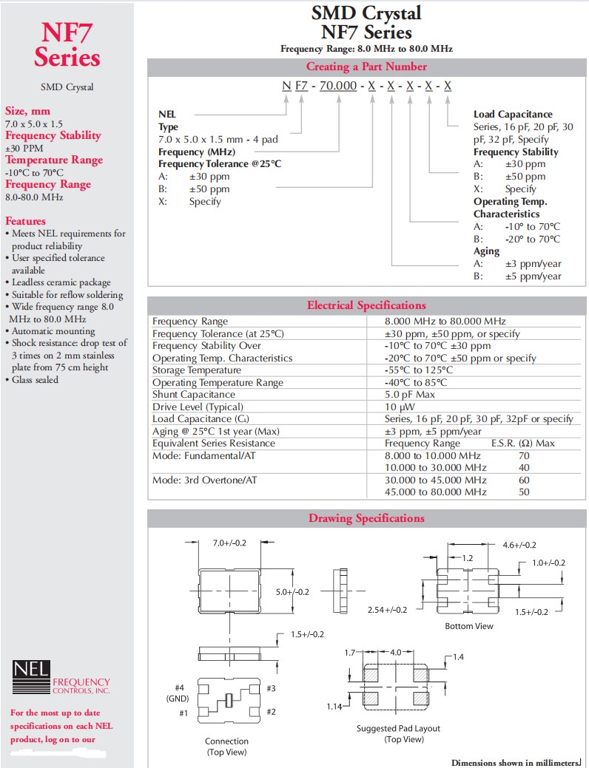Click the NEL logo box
[x=32, y=672]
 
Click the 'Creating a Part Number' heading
[x=366, y=67]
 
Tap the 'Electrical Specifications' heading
[x=366, y=305]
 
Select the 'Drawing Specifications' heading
[x=366, y=518]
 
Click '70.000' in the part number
[x=338, y=86]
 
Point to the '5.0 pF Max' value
[x=409, y=395]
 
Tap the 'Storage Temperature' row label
[x=197, y=370]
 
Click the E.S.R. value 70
[x=524, y=456]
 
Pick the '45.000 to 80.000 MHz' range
[x=436, y=492]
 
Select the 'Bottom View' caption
[x=469, y=626]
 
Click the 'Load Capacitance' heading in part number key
[x=513, y=115]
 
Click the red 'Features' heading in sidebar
[x=25, y=221]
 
